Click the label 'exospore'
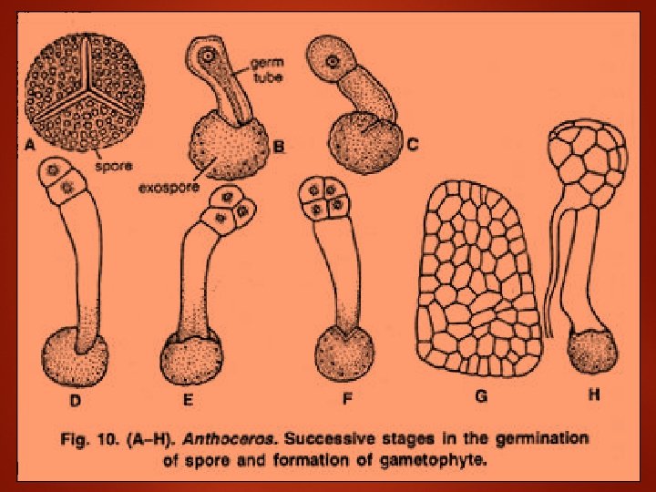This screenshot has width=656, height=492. pos(167,189)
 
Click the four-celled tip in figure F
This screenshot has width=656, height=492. pos(326,200)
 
